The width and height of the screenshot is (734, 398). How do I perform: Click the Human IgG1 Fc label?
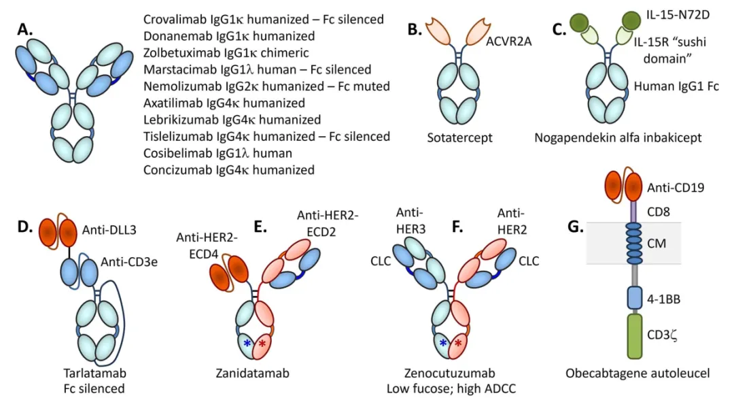coord(676,86)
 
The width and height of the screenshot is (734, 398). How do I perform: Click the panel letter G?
coord(576,227)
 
